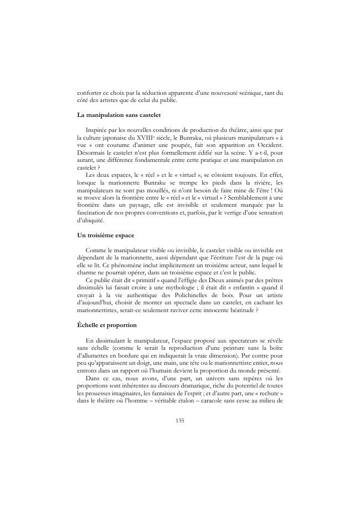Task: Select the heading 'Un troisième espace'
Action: click(105, 236)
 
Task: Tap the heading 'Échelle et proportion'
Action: click(107, 324)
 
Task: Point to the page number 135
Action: click(180, 420)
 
